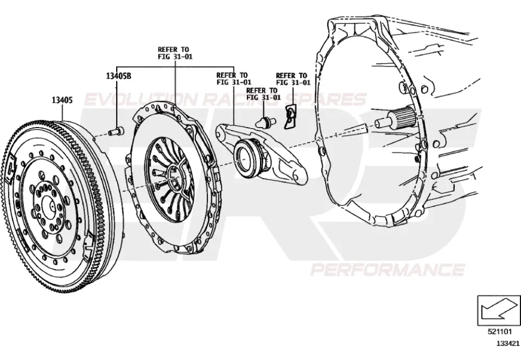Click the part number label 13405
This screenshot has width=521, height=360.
click(x=62, y=100)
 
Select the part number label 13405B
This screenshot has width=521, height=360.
click(x=119, y=76)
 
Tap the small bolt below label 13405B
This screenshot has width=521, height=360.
click(x=116, y=131)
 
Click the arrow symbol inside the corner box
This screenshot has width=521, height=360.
click(x=499, y=309)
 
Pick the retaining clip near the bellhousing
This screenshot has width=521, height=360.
click(x=290, y=116)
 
